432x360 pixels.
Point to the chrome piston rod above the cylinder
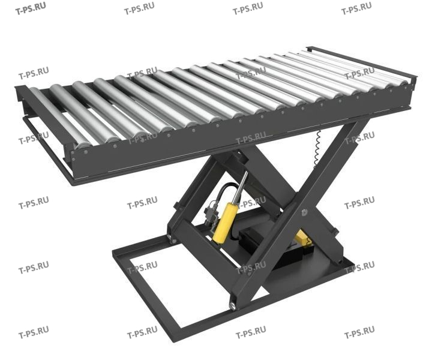[x=241, y=188]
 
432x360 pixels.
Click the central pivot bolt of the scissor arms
[x=304, y=212]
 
